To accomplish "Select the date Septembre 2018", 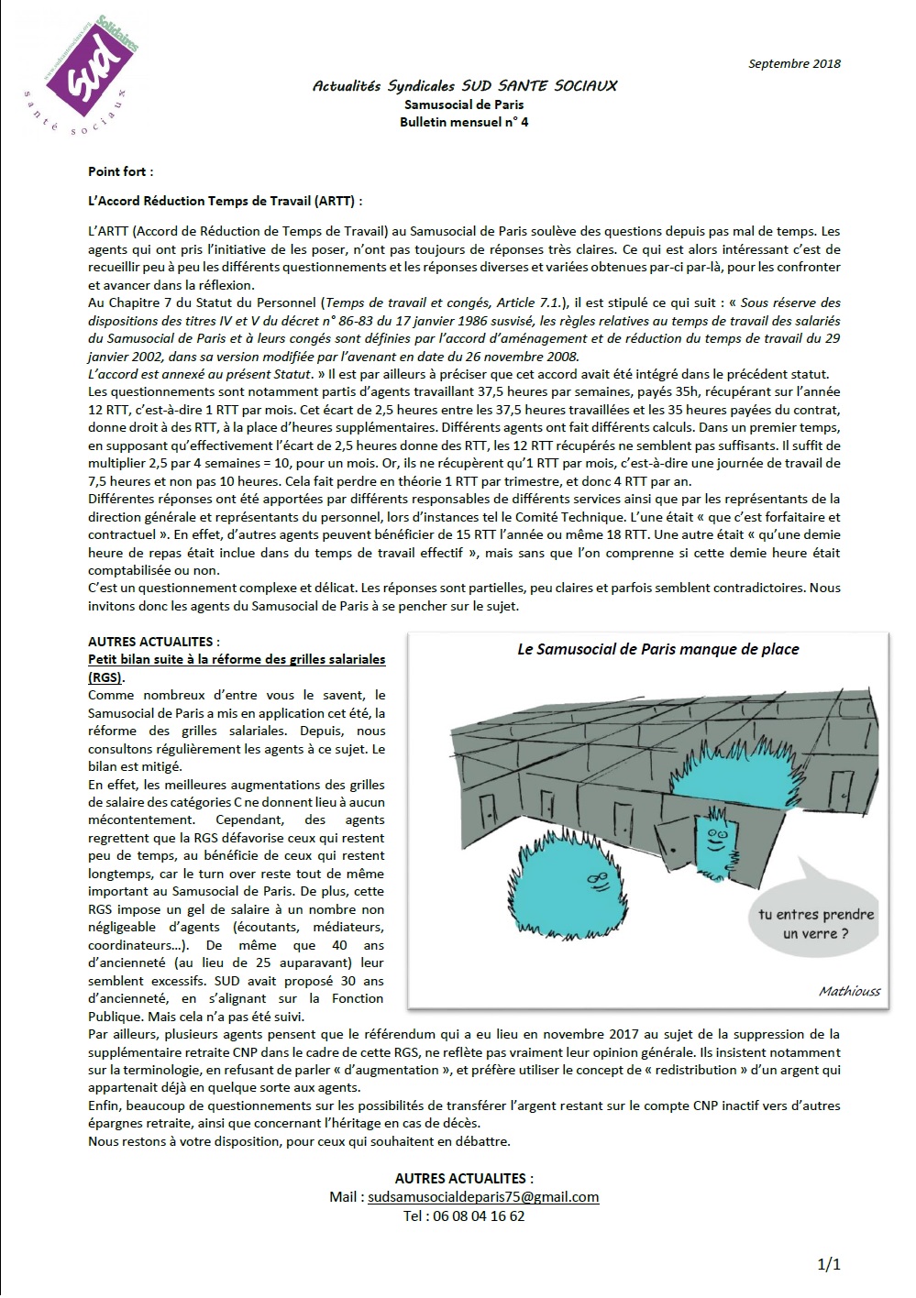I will pos(794,63).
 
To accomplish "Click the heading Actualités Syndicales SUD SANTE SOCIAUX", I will pos(464,86).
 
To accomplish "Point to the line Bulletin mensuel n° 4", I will pos(464,122).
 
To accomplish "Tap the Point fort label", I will pos(120,171).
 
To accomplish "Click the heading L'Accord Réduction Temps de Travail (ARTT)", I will pos(225,201).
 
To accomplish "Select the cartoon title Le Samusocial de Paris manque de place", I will pos(657,649).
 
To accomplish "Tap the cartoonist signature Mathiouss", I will pos(849,991).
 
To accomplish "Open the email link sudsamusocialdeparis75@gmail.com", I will pos(483,1197).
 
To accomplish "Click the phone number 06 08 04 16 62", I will pos(464,1216).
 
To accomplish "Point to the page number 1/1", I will pos(829,1265).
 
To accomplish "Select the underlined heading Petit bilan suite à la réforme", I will pos(237,659).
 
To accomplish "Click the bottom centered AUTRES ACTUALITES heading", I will pos(464,1179).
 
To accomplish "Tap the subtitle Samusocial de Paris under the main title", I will pos(464,104).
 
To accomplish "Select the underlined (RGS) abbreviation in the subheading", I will pos(105,677).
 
